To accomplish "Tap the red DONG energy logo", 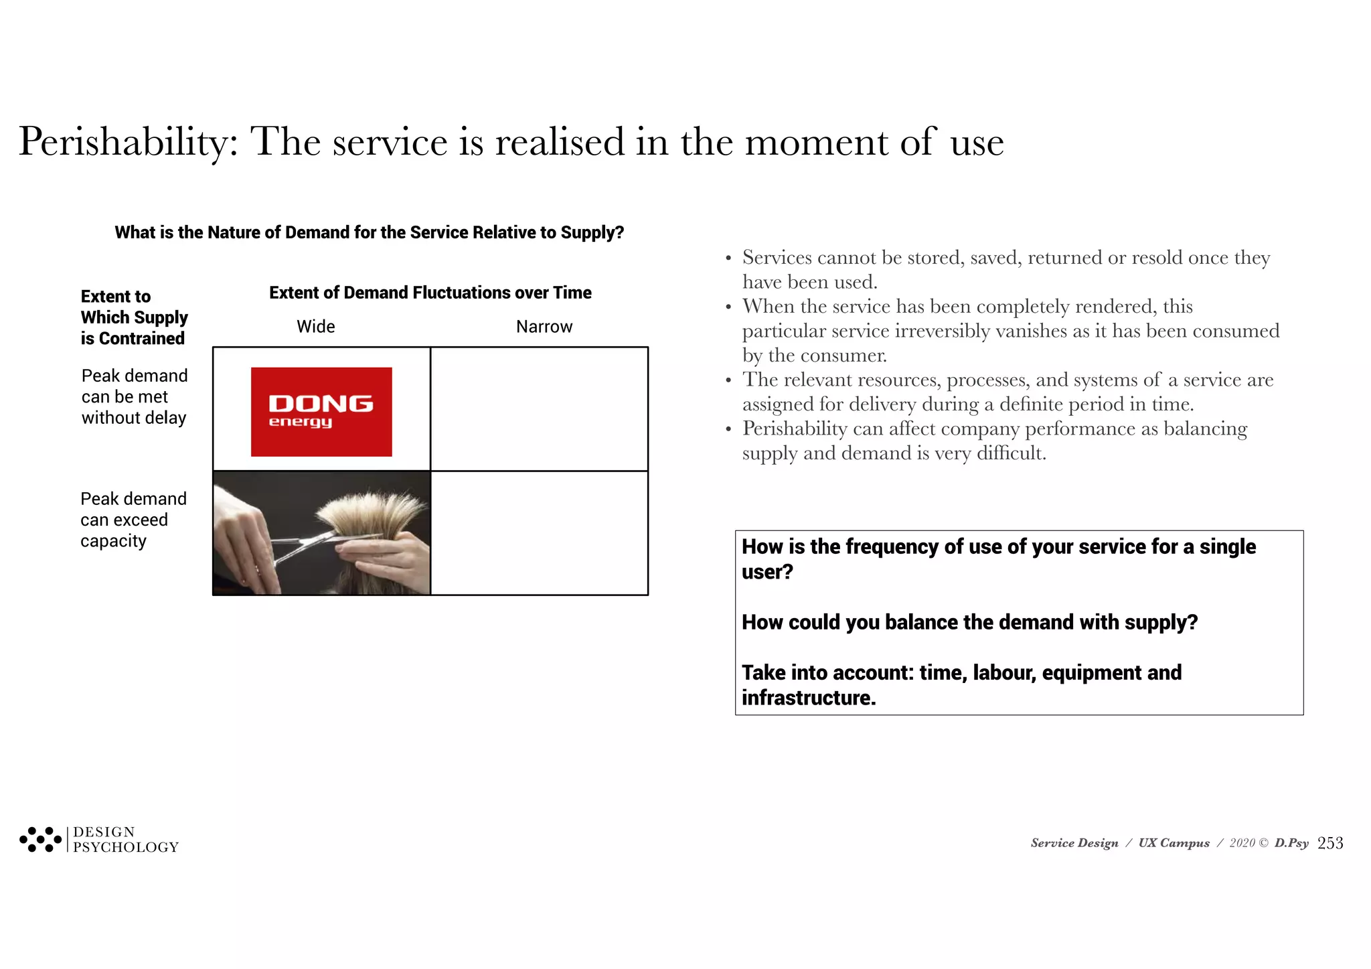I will click(321, 412).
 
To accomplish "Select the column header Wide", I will click(315, 327).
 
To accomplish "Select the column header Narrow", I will click(544, 327).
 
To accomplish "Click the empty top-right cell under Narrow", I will click(539, 408).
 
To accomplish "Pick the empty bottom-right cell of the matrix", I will click(539, 533).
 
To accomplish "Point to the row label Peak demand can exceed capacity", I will click(133, 520).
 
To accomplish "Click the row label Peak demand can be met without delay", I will click(134, 396).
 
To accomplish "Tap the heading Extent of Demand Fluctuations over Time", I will click(430, 293).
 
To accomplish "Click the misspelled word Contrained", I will click(141, 339).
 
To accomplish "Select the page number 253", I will click(1329, 843).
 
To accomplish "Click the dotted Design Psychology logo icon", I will click(40, 839).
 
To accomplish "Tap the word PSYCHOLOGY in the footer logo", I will click(126, 848).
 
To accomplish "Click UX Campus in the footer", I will click(1174, 843).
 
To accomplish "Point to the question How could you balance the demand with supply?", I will click(969, 622).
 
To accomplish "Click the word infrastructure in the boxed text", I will click(807, 698).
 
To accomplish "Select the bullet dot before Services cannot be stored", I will click(728, 258).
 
